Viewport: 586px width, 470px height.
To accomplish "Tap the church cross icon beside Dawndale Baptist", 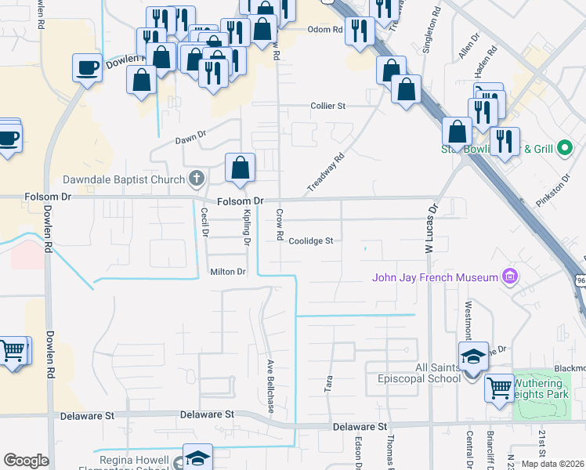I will pyautogui.click(x=197, y=179).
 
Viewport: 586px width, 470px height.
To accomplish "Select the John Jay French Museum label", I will pyautogui.click(x=436, y=277).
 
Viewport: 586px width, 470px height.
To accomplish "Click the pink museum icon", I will pyautogui.click(x=511, y=277).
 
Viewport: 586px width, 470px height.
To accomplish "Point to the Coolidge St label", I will pyautogui.click(x=311, y=241).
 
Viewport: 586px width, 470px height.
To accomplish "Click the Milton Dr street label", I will pyautogui.click(x=228, y=272).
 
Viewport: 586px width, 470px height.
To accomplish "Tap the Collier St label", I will pyautogui.click(x=328, y=106).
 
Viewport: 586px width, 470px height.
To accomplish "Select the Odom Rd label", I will pyautogui.click(x=326, y=30).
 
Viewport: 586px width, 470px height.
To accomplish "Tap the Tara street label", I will pyautogui.click(x=328, y=383).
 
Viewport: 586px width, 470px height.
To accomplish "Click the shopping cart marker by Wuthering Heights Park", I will pyautogui.click(x=499, y=387).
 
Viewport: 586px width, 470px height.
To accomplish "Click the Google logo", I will pyautogui.click(x=27, y=461).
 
